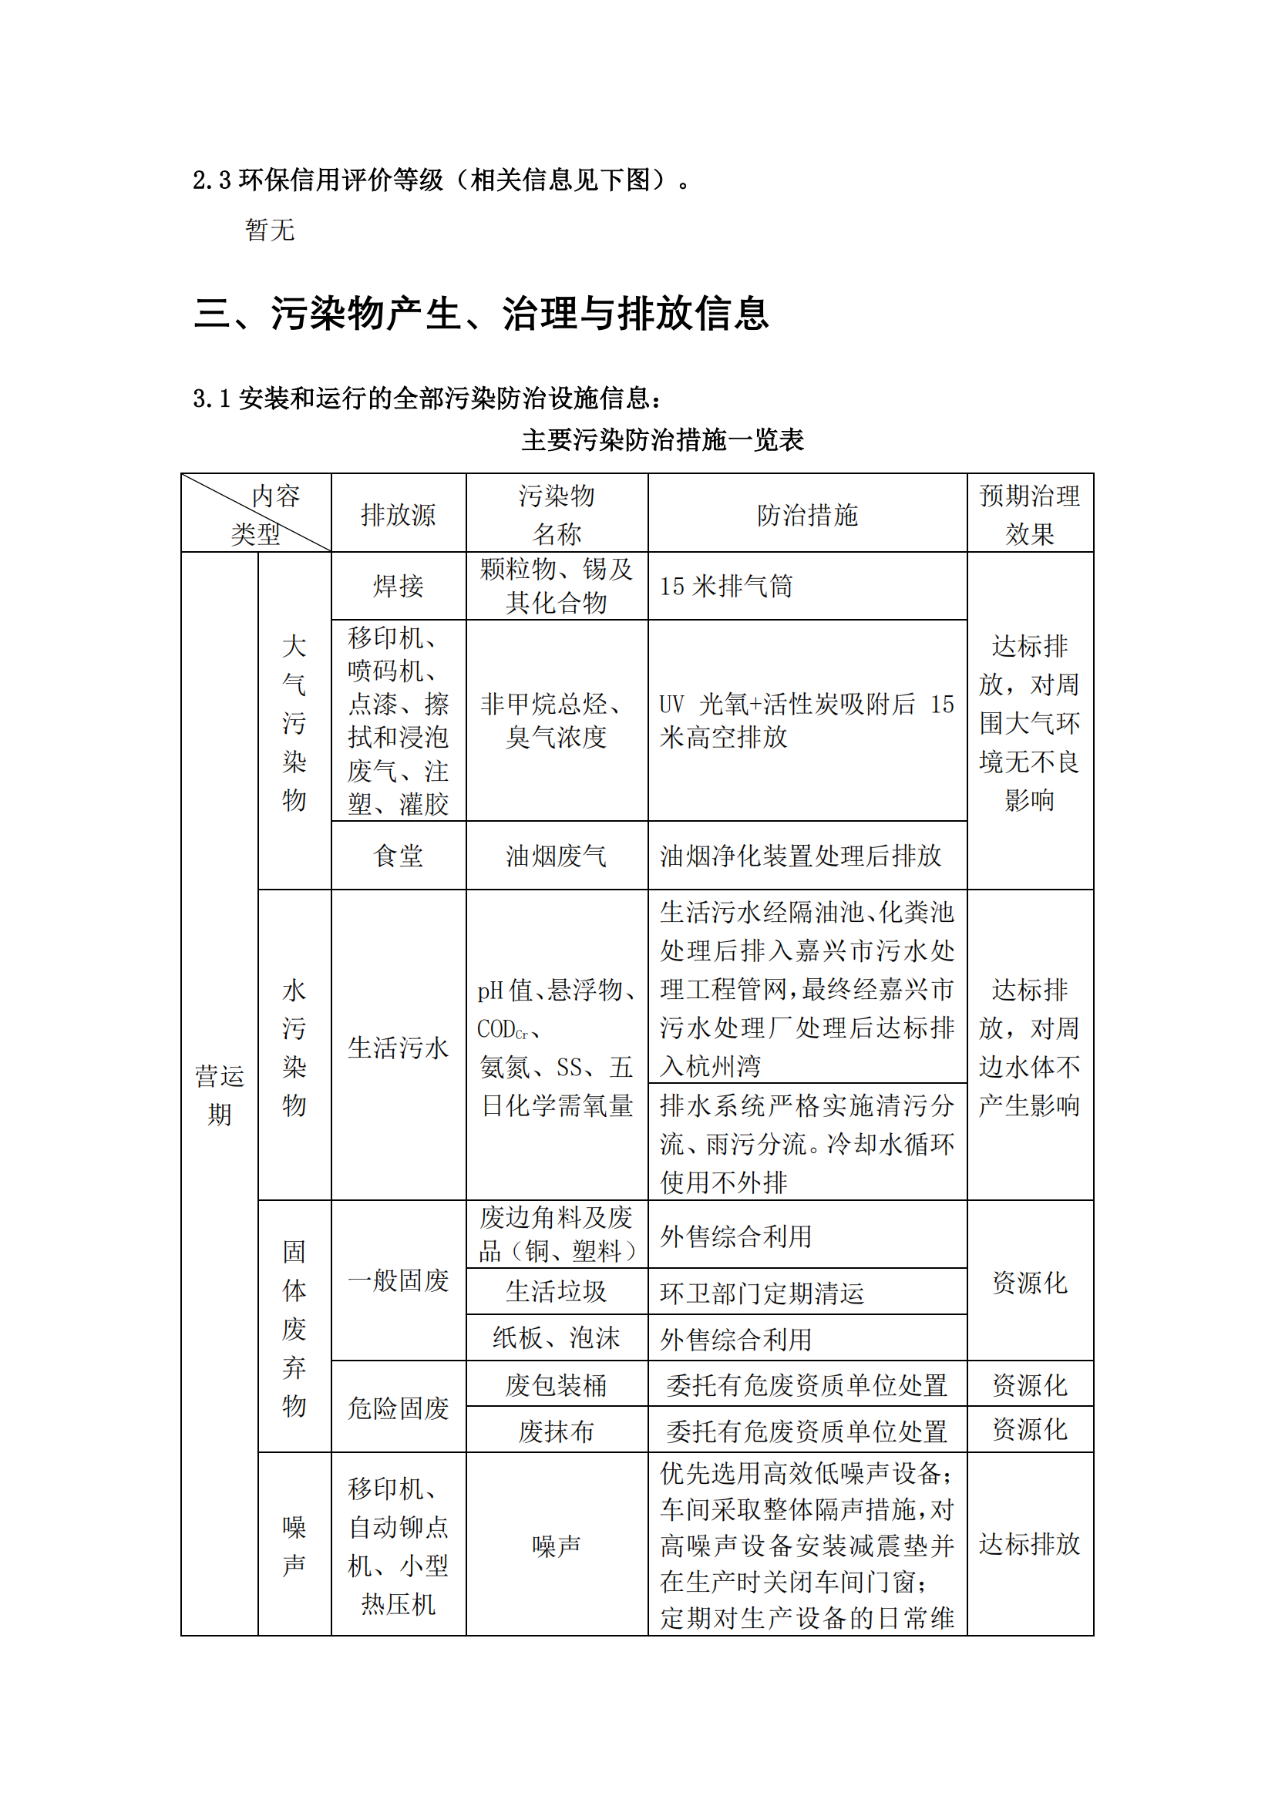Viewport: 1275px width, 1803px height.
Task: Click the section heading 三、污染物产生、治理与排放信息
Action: [480, 313]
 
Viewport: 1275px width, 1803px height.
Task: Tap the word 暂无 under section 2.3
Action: [269, 230]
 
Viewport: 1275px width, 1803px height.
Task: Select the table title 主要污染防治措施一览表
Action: [662, 439]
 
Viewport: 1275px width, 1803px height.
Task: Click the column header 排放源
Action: [398, 515]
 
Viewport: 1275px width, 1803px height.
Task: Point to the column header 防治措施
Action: [806, 515]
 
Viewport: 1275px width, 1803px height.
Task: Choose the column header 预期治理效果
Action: [1029, 515]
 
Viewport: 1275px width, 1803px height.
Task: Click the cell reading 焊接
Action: [398, 586]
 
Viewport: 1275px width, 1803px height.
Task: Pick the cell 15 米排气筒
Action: [726, 587]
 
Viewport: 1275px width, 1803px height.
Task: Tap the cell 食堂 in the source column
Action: [398, 856]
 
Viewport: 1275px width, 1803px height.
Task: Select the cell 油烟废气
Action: [556, 856]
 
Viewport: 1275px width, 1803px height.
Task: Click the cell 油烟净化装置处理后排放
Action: [800, 856]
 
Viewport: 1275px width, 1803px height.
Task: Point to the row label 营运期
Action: [219, 1095]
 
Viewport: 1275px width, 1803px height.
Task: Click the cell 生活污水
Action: [398, 1048]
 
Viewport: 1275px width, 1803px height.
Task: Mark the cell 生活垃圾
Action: [556, 1292]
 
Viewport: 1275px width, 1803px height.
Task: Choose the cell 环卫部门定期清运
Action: [762, 1293]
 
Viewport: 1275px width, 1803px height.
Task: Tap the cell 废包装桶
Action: [556, 1385]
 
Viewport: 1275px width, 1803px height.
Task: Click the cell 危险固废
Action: [398, 1408]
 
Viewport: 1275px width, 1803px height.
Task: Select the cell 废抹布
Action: [556, 1431]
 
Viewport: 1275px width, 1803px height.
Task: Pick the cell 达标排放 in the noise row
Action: [1029, 1544]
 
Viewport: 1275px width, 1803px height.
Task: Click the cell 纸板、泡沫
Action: [556, 1338]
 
